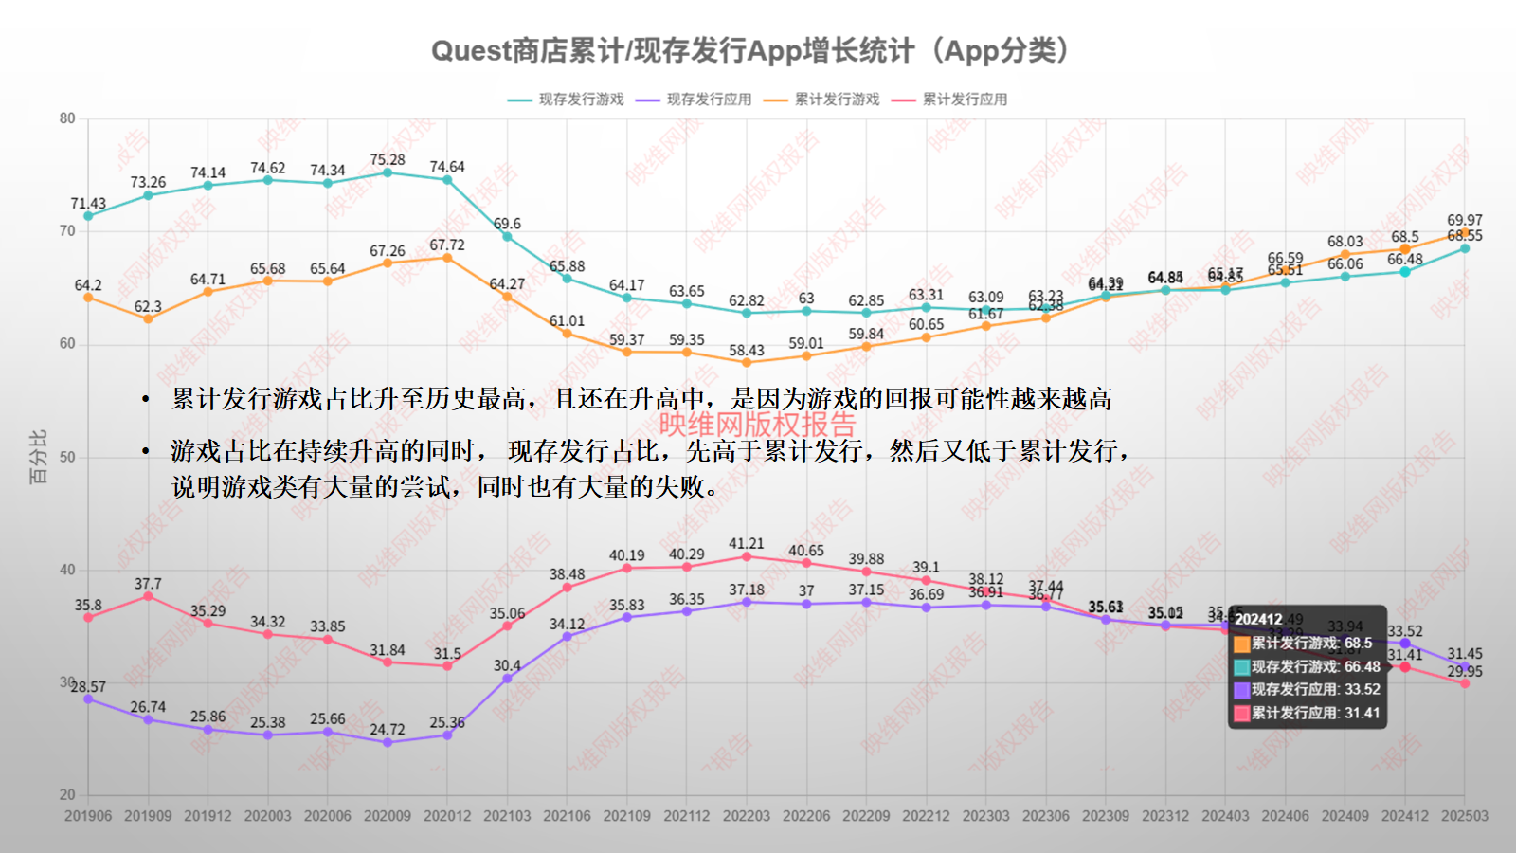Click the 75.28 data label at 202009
[x=388, y=160]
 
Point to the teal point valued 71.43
[x=88, y=216]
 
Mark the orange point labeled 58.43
[x=747, y=362]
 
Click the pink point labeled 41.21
[x=747, y=556]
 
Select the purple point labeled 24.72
[x=388, y=742]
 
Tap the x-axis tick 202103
[x=507, y=816]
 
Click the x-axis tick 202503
[x=1464, y=816]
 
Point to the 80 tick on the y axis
[x=67, y=118]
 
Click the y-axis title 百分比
[x=38, y=457]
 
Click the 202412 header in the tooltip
[x=1258, y=620]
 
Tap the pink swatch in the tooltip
[x=1242, y=714]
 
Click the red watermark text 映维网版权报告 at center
[x=757, y=424]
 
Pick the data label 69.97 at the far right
[x=1464, y=220]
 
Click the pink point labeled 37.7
[x=148, y=596]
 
